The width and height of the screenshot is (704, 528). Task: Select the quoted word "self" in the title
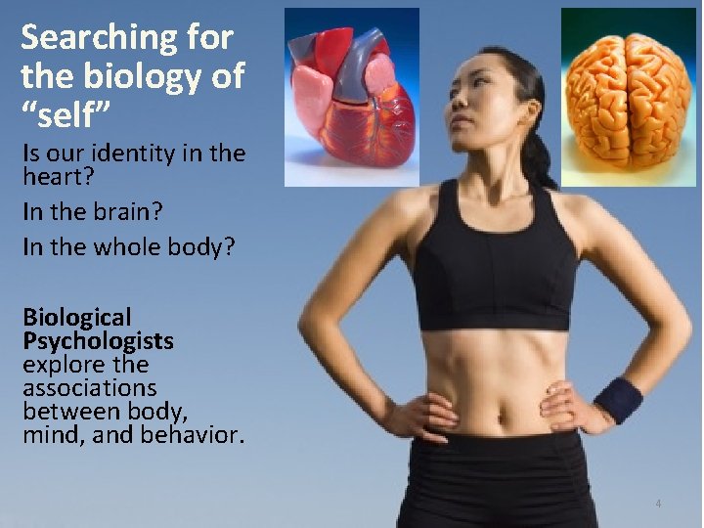point(72,115)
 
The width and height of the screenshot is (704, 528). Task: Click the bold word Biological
point(76,318)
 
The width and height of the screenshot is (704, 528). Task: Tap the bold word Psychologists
point(98,341)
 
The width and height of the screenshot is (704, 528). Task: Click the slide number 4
point(658,504)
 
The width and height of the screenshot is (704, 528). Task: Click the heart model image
point(351,96)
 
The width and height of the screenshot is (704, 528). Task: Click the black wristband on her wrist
point(617,400)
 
